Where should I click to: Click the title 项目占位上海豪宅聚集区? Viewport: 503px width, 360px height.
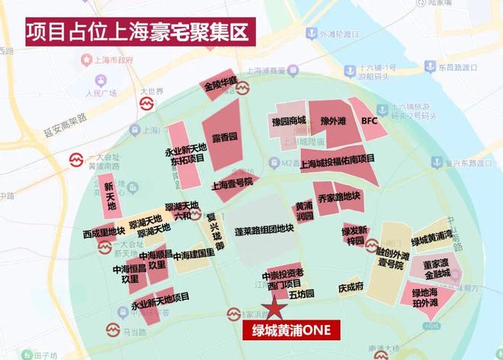pos(137,33)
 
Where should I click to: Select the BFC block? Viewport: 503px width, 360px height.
pos(370,121)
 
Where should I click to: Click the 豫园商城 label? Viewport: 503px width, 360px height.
pos(288,121)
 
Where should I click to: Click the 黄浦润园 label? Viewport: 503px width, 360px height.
pos(304,211)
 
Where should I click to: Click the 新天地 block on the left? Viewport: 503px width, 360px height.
pos(109,196)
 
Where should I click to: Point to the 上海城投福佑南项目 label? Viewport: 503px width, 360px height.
pos(338,159)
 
